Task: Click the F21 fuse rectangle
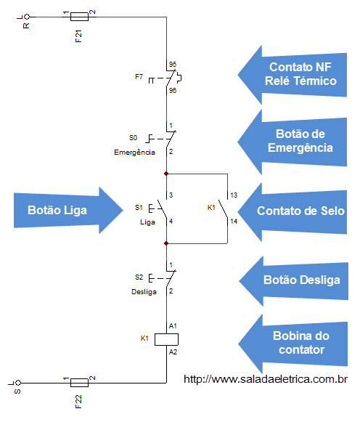[x=79, y=17]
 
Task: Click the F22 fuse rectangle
[x=79, y=383]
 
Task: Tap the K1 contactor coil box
[x=166, y=339]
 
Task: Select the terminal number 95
[x=173, y=65]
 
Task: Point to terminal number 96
[x=173, y=90]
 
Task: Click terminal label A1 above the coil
[x=173, y=326]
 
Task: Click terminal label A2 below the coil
[x=173, y=352]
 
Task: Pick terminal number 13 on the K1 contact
[x=234, y=195]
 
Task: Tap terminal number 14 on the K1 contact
[x=234, y=222]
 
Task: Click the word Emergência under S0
[x=134, y=153]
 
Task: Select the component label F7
[x=139, y=77]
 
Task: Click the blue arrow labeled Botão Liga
[x=68, y=210]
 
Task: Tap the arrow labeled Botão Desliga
[x=294, y=280]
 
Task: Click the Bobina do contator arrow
[x=292, y=344]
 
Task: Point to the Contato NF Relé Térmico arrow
[x=292, y=75]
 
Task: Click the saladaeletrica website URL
[x=266, y=379]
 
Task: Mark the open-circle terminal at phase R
[x=27, y=17]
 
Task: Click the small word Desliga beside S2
[x=144, y=292]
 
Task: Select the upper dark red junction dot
[x=166, y=174]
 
